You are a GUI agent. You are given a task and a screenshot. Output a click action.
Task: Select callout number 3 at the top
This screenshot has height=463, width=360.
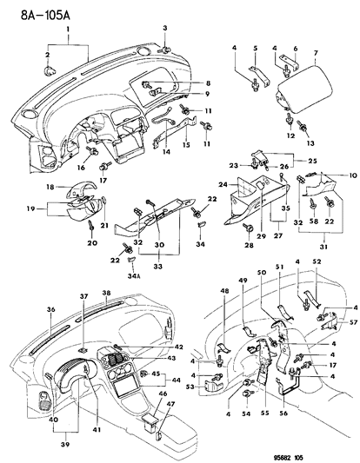[x=163, y=29]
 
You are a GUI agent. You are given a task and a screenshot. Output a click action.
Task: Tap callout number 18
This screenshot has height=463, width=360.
[x=50, y=188]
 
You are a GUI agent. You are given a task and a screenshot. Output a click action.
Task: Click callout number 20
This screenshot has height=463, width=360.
[x=91, y=245]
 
